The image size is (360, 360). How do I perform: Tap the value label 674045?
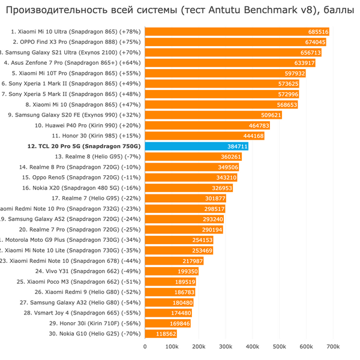315,43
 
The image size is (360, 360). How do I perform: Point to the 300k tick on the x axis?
225,347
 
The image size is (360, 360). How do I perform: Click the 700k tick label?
333,347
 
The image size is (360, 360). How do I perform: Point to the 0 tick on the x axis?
145,347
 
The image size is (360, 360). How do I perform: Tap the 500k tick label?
279,347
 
